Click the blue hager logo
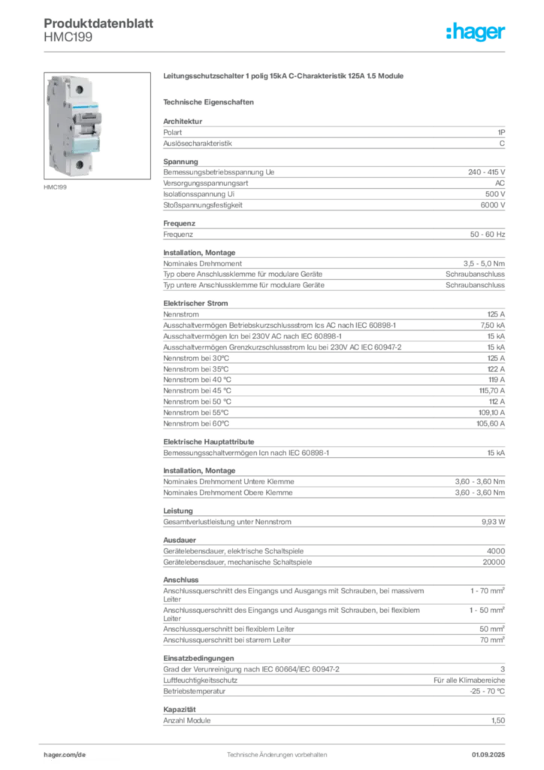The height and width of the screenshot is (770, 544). (x=476, y=32)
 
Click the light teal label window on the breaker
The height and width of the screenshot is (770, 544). (x=84, y=144)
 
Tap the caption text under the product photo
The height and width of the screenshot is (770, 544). (x=58, y=187)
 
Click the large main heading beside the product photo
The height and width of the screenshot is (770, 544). (x=286, y=77)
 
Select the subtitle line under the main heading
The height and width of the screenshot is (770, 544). (x=210, y=101)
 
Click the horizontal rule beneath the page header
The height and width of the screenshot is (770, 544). (x=277, y=52)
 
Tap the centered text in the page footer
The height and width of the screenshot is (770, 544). (x=277, y=752)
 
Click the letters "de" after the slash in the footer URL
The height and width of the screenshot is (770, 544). (x=83, y=753)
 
